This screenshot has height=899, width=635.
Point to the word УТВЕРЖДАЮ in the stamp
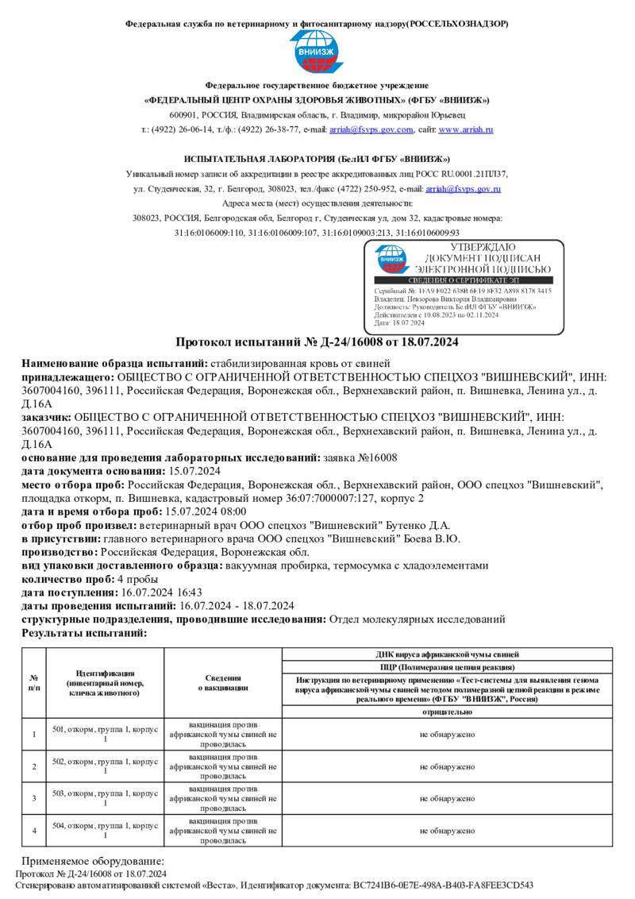click(471, 248)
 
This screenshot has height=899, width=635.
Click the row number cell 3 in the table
click(34, 797)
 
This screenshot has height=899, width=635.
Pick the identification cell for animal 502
click(105, 766)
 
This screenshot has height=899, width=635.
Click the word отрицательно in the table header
click(447, 712)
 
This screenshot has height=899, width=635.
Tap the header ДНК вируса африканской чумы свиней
click(447, 654)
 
